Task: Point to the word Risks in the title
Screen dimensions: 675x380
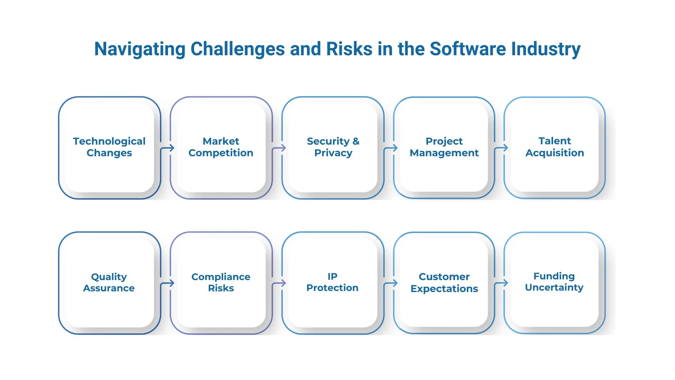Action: click(x=349, y=49)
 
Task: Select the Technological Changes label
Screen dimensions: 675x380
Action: click(x=109, y=147)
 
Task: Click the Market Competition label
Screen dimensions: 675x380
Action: click(x=221, y=147)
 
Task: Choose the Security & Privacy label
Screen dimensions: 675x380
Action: click(x=333, y=147)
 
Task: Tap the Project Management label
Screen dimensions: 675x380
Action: click(x=444, y=147)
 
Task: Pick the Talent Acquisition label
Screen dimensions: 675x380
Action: click(x=555, y=147)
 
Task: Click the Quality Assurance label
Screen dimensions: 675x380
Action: click(x=109, y=283)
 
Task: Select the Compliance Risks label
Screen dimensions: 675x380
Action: click(x=221, y=283)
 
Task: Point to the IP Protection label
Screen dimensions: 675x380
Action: click(x=333, y=282)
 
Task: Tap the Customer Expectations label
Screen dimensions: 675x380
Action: click(x=444, y=283)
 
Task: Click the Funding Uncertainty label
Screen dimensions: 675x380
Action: click(x=554, y=282)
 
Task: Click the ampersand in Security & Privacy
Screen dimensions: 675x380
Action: click(x=356, y=141)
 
